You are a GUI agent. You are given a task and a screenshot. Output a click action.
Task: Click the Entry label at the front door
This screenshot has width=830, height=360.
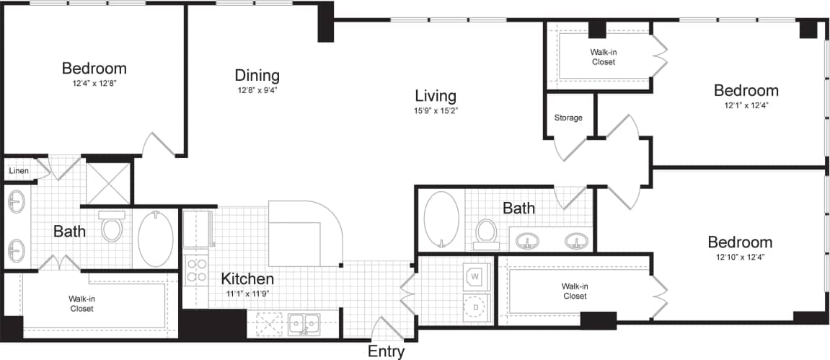pyautogui.click(x=387, y=352)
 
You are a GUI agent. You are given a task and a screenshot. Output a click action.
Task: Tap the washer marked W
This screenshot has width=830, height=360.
pyautogui.click(x=476, y=276)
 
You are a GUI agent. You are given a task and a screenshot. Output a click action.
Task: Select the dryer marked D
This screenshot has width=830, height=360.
pyautogui.click(x=476, y=307)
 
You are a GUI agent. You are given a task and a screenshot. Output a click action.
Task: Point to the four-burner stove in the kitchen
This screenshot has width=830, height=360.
pyautogui.click(x=196, y=269)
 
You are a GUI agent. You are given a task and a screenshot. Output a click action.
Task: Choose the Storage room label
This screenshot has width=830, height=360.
pyautogui.click(x=568, y=118)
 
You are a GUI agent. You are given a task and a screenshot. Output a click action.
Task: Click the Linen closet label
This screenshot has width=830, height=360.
pyautogui.click(x=19, y=171)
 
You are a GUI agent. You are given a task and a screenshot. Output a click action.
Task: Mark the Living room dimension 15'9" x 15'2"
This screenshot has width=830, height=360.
pyautogui.click(x=436, y=111)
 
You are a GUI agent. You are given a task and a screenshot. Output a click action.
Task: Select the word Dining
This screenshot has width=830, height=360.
pyautogui.click(x=257, y=75)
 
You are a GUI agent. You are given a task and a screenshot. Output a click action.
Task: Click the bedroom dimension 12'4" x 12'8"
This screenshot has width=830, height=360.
pyautogui.click(x=94, y=83)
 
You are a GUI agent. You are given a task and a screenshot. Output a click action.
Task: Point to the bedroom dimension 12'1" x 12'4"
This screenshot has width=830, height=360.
pyautogui.click(x=746, y=105)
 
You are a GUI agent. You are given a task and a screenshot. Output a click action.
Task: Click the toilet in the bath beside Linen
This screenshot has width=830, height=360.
pyautogui.click(x=112, y=228)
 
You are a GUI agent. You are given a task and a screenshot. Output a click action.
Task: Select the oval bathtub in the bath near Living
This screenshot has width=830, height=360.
pyautogui.click(x=441, y=219)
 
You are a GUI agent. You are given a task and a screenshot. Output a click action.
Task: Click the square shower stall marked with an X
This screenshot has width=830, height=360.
pyautogui.click(x=107, y=183)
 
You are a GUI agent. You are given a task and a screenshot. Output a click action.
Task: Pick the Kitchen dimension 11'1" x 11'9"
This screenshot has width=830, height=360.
pyautogui.click(x=247, y=293)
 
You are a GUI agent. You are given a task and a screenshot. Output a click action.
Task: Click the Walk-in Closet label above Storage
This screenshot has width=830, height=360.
pyautogui.click(x=603, y=57)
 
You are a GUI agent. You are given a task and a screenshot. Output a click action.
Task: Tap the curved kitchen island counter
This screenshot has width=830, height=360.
pyautogui.click(x=303, y=231)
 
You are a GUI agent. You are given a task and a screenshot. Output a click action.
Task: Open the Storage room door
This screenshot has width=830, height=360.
pyautogui.click(x=570, y=148)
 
